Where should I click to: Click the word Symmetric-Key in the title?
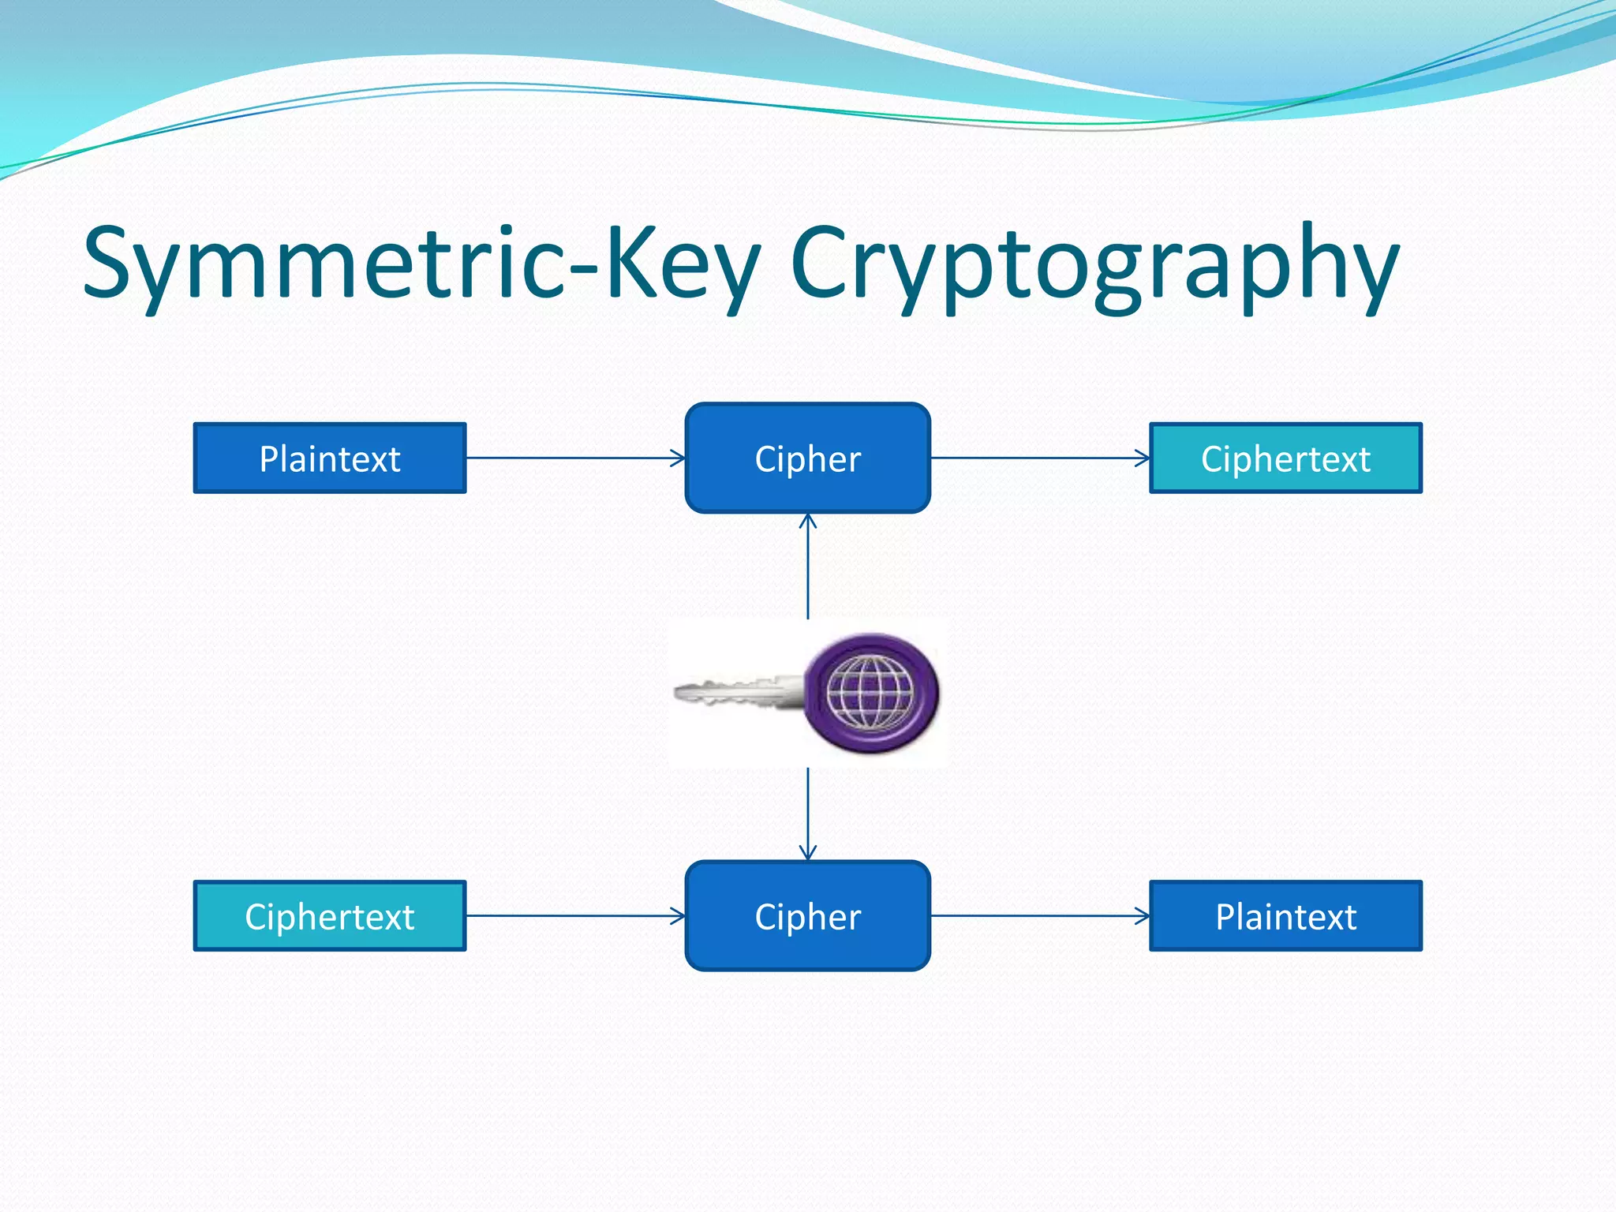click(x=422, y=264)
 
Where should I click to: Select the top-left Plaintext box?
click(x=330, y=458)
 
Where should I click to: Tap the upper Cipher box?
click(x=807, y=458)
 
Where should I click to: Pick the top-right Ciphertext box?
click(x=1285, y=458)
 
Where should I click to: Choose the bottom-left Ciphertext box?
click(x=330, y=916)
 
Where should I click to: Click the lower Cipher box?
click(x=807, y=916)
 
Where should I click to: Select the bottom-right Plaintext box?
click(x=1285, y=916)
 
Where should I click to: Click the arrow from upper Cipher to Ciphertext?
click(x=1039, y=458)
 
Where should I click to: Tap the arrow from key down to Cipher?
click(x=807, y=813)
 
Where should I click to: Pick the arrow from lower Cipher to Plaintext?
click(x=1039, y=916)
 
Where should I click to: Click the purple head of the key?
click(x=871, y=693)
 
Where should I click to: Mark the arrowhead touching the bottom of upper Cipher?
click(x=807, y=521)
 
